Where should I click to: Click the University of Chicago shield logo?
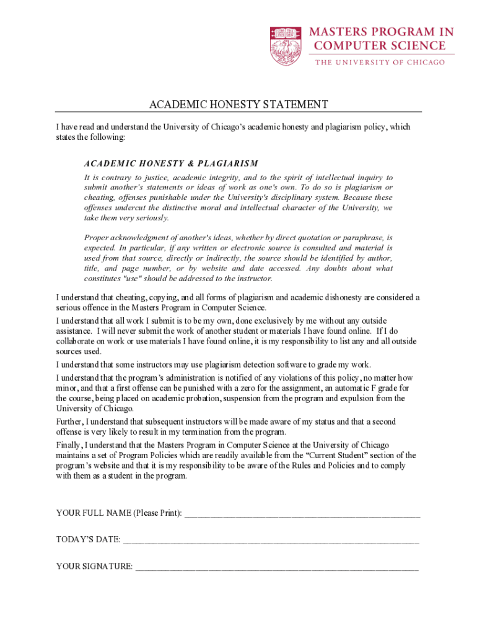tap(286, 46)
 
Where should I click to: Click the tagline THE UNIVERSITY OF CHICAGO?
tap(380, 63)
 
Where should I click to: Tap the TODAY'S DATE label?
tap(88, 539)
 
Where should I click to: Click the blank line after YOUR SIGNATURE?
tap(276, 566)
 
